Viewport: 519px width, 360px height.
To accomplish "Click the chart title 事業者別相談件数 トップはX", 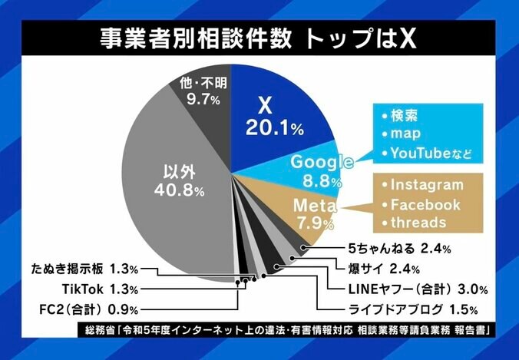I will point(260,38).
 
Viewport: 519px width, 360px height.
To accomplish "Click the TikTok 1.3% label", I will point(100,289).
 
